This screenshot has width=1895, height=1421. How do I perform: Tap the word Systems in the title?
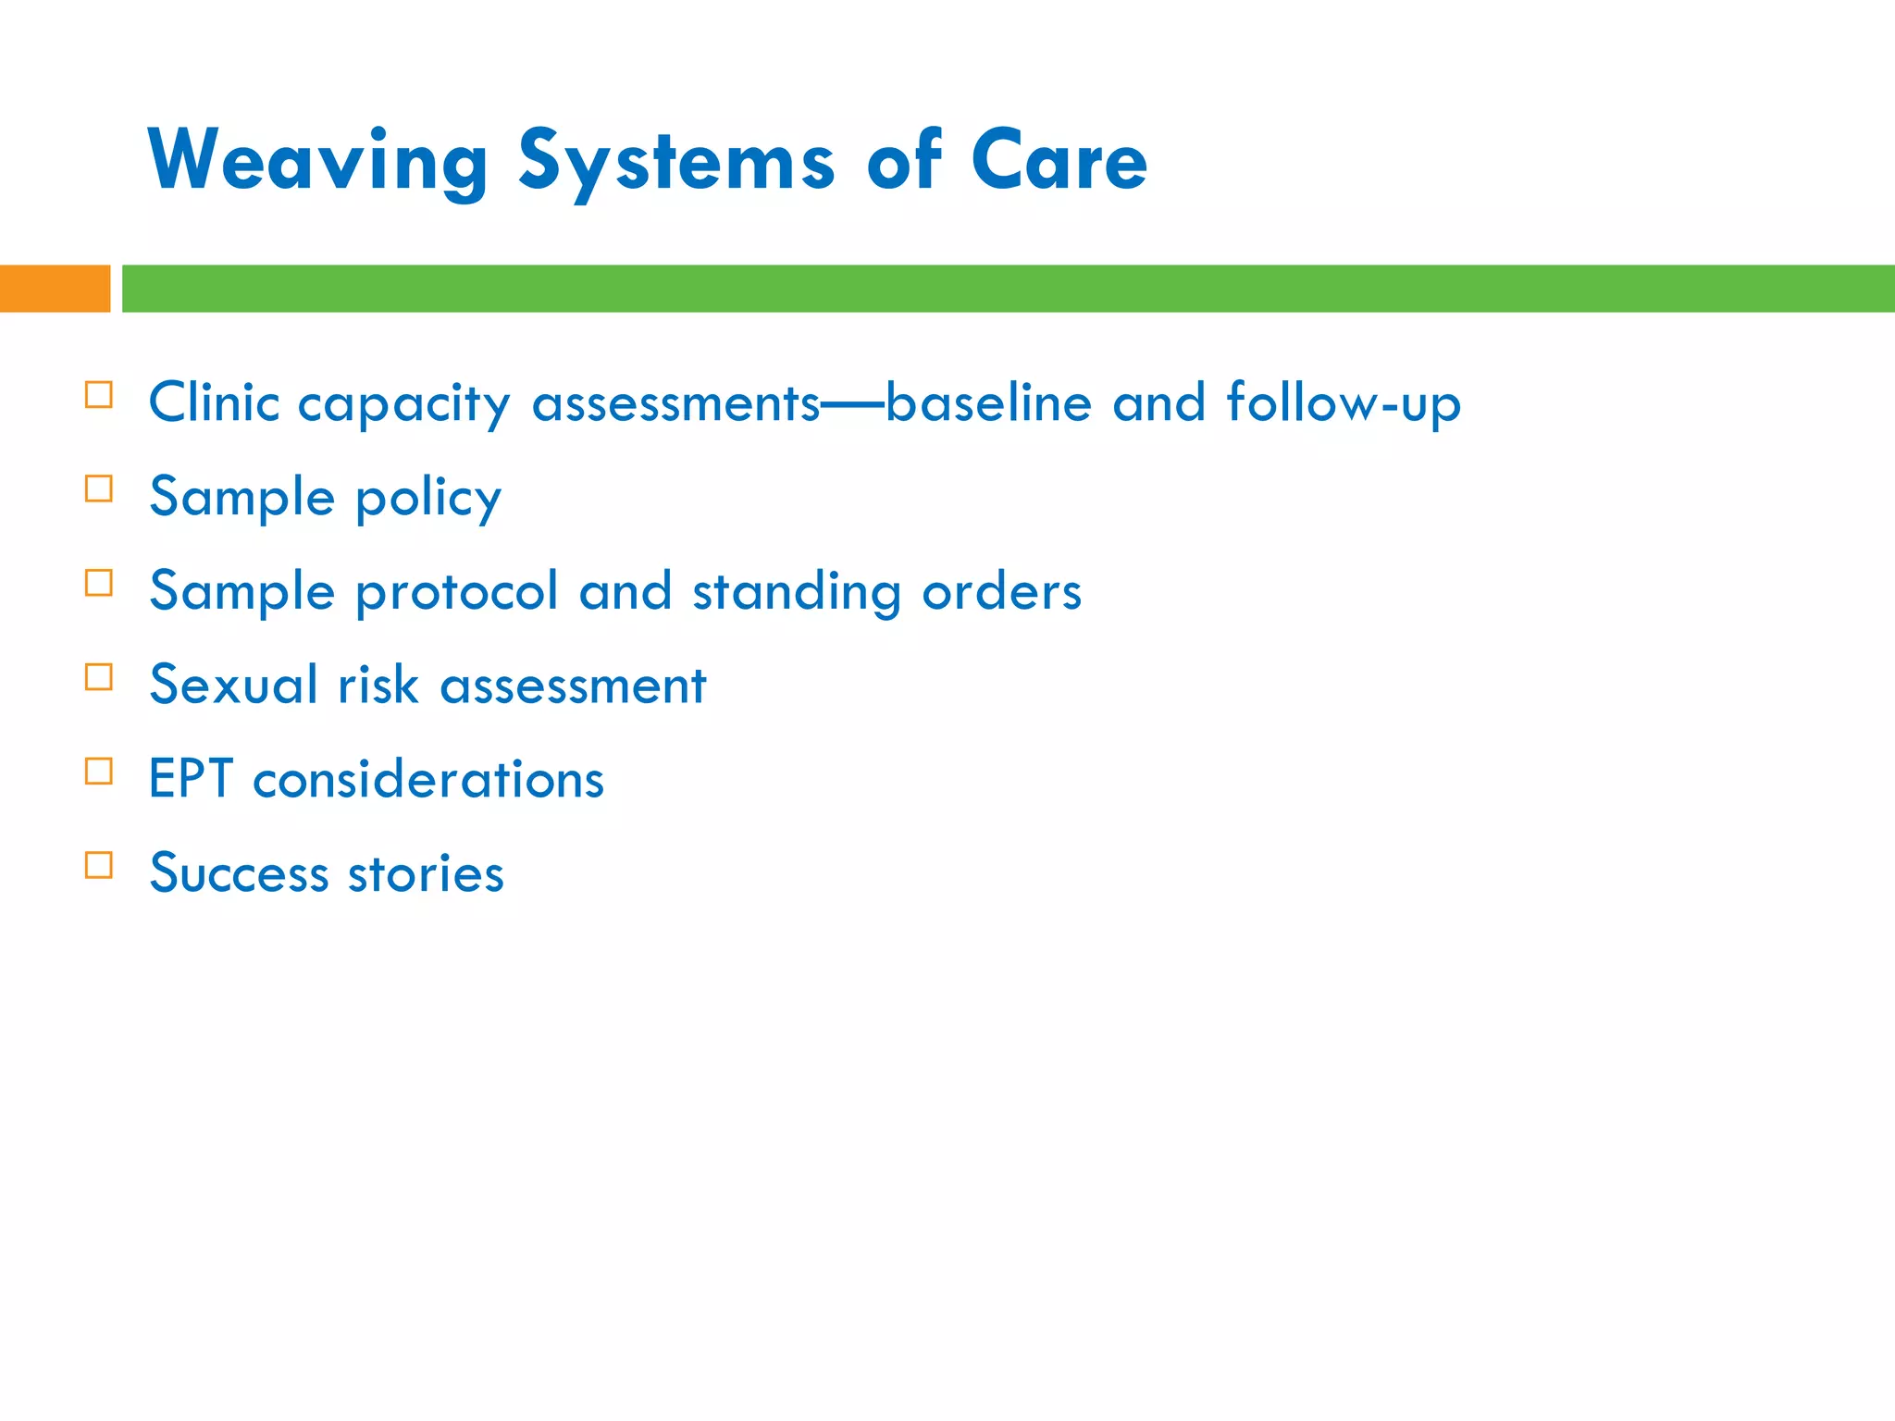tap(676, 162)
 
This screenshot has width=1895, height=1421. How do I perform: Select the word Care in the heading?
tap(1059, 162)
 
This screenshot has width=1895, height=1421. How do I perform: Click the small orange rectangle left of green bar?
tap(55, 289)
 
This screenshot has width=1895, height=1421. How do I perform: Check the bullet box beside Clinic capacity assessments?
tap(99, 395)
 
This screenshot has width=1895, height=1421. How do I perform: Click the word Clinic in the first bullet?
tap(214, 403)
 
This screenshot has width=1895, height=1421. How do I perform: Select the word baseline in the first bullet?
tap(988, 403)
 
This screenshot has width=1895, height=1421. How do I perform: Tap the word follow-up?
tap(1343, 403)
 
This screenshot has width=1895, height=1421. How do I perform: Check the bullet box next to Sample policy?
tap(99, 488)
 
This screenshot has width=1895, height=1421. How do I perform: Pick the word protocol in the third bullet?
tap(457, 592)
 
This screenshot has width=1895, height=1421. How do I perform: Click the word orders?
tap(1001, 592)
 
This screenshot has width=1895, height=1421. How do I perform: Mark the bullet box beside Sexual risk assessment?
tap(99, 677)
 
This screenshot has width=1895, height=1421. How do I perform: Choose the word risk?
tap(378, 686)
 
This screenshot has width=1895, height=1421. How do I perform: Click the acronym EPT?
tap(190, 779)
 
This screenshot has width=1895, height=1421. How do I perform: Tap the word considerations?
tap(428, 780)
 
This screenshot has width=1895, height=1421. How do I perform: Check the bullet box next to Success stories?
tap(99, 865)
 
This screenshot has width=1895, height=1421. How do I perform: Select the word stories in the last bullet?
tap(426, 873)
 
